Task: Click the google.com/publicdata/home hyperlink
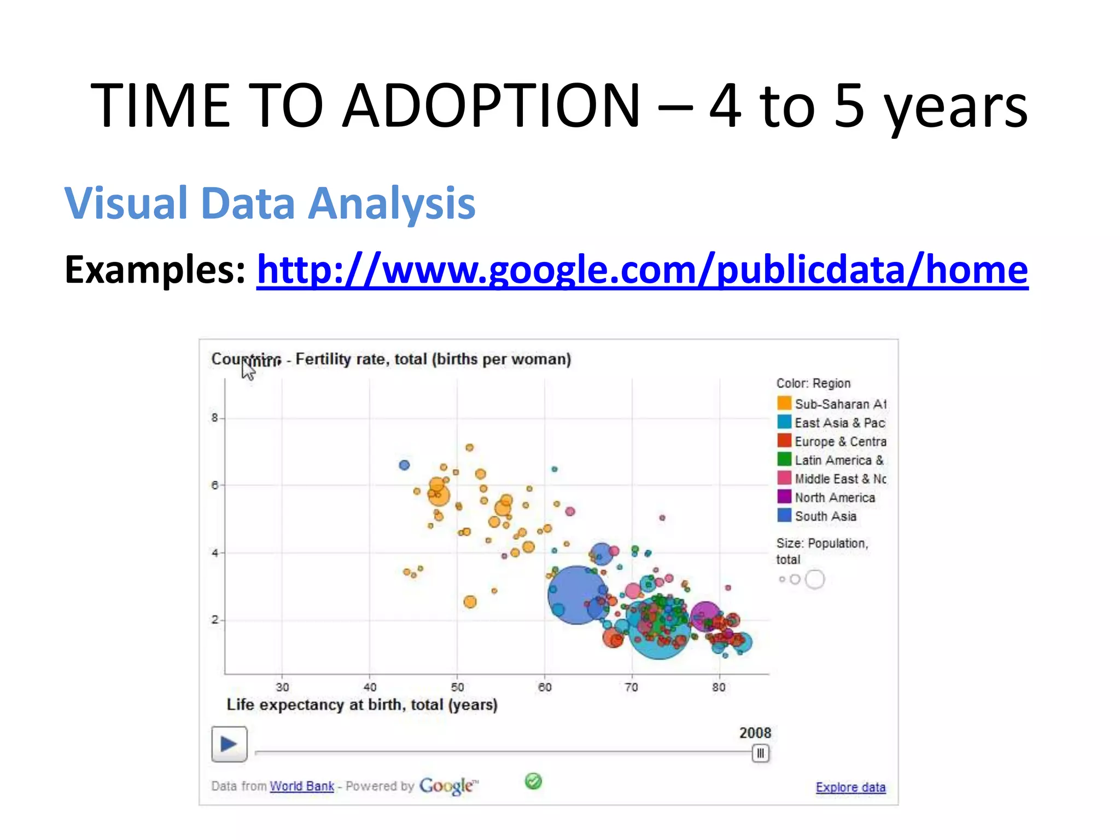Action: click(642, 270)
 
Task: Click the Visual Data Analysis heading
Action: click(270, 203)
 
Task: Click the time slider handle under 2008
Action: click(760, 753)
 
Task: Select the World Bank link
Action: click(301, 786)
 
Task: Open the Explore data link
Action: click(850, 787)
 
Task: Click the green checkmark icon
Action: click(533, 781)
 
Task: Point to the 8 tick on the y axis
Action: click(214, 418)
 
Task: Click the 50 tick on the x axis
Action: click(457, 687)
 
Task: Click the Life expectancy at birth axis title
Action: click(362, 704)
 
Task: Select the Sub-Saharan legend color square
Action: click(784, 404)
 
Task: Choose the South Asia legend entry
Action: click(825, 516)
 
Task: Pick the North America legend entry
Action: click(835, 498)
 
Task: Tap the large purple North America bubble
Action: click(704, 615)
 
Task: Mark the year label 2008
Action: click(755, 733)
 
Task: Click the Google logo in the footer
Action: click(447, 786)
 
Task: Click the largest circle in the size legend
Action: click(815, 579)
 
